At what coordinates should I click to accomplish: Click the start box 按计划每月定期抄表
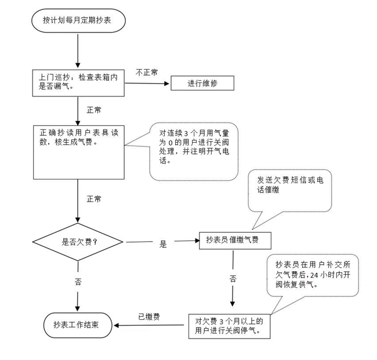[x=78, y=20]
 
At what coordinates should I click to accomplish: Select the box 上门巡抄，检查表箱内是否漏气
[x=78, y=82]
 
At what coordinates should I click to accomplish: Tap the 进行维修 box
[x=202, y=84]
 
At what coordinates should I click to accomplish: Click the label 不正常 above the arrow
[x=147, y=73]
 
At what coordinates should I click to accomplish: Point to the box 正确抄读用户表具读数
[x=78, y=152]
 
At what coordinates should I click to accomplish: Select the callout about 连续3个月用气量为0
[x=194, y=150]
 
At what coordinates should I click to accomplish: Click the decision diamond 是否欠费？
[x=78, y=242]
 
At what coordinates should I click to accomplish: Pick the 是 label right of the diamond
[x=163, y=244]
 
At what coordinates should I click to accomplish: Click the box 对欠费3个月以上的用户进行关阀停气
[x=229, y=326]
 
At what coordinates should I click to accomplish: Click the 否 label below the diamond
[x=78, y=282]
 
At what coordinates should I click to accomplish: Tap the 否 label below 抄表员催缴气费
[x=233, y=279]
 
